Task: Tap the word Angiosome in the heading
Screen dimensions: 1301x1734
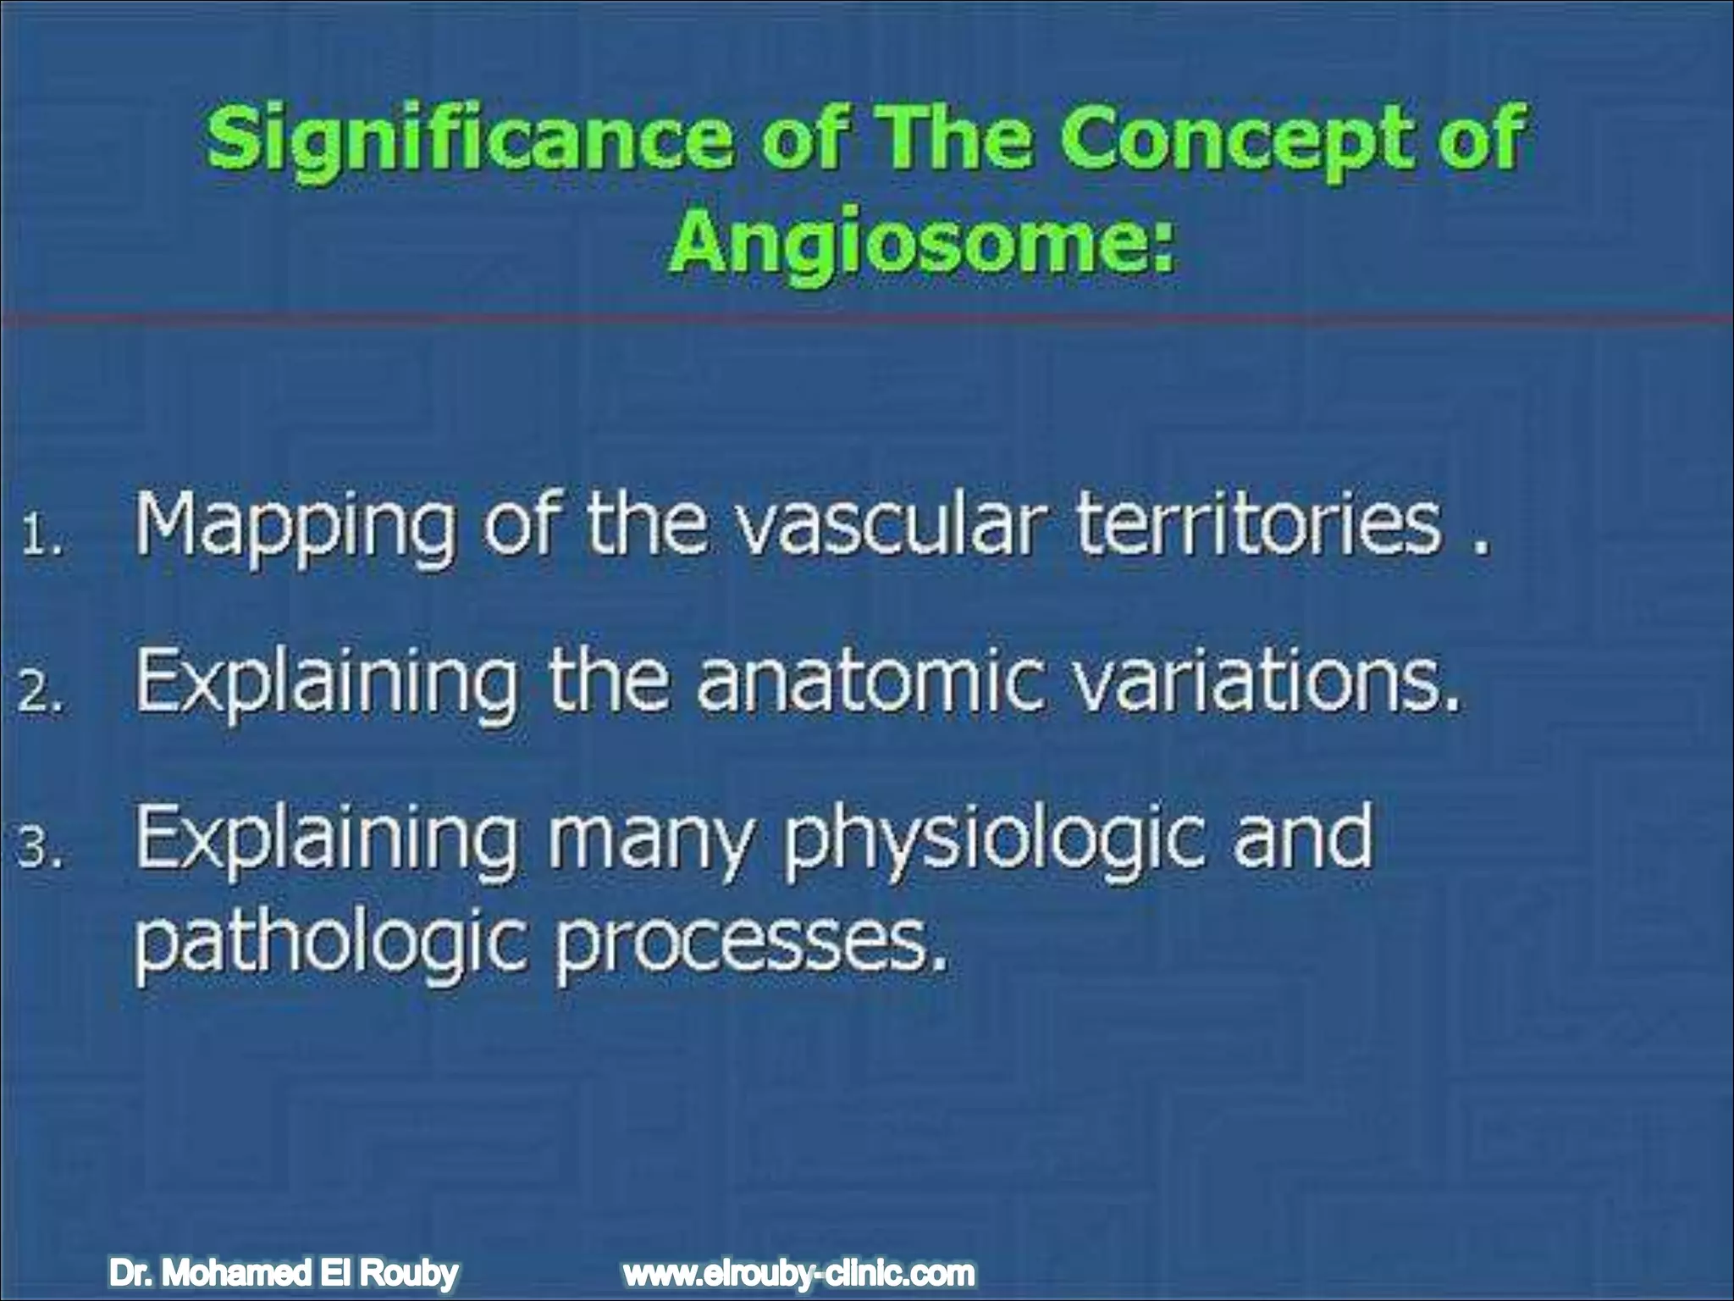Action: point(919,241)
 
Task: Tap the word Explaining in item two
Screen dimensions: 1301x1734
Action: point(327,683)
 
